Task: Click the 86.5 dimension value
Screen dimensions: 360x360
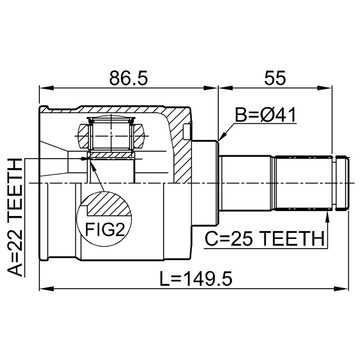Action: pos(129,78)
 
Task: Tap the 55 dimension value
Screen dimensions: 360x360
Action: pos(275,78)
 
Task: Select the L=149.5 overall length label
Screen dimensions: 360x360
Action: pos(196,279)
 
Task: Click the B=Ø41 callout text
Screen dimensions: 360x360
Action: pos(265,115)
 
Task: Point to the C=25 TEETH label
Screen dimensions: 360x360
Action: pos(264,238)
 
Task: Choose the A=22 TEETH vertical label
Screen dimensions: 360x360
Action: pos(15,217)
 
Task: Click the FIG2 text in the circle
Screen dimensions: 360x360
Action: pos(105,229)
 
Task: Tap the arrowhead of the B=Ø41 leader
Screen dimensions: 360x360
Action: pos(221,137)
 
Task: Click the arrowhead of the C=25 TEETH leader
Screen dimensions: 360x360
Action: pos(327,215)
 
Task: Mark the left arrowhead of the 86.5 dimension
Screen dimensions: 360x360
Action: pos(47,88)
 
